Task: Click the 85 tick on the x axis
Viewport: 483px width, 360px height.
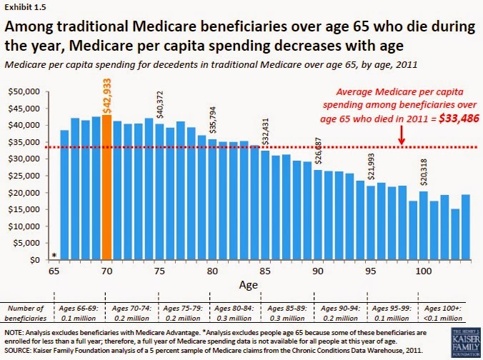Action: (x=265, y=272)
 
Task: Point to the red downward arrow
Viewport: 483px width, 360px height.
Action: (x=402, y=134)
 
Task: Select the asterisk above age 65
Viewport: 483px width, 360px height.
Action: (x=54, y=255)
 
